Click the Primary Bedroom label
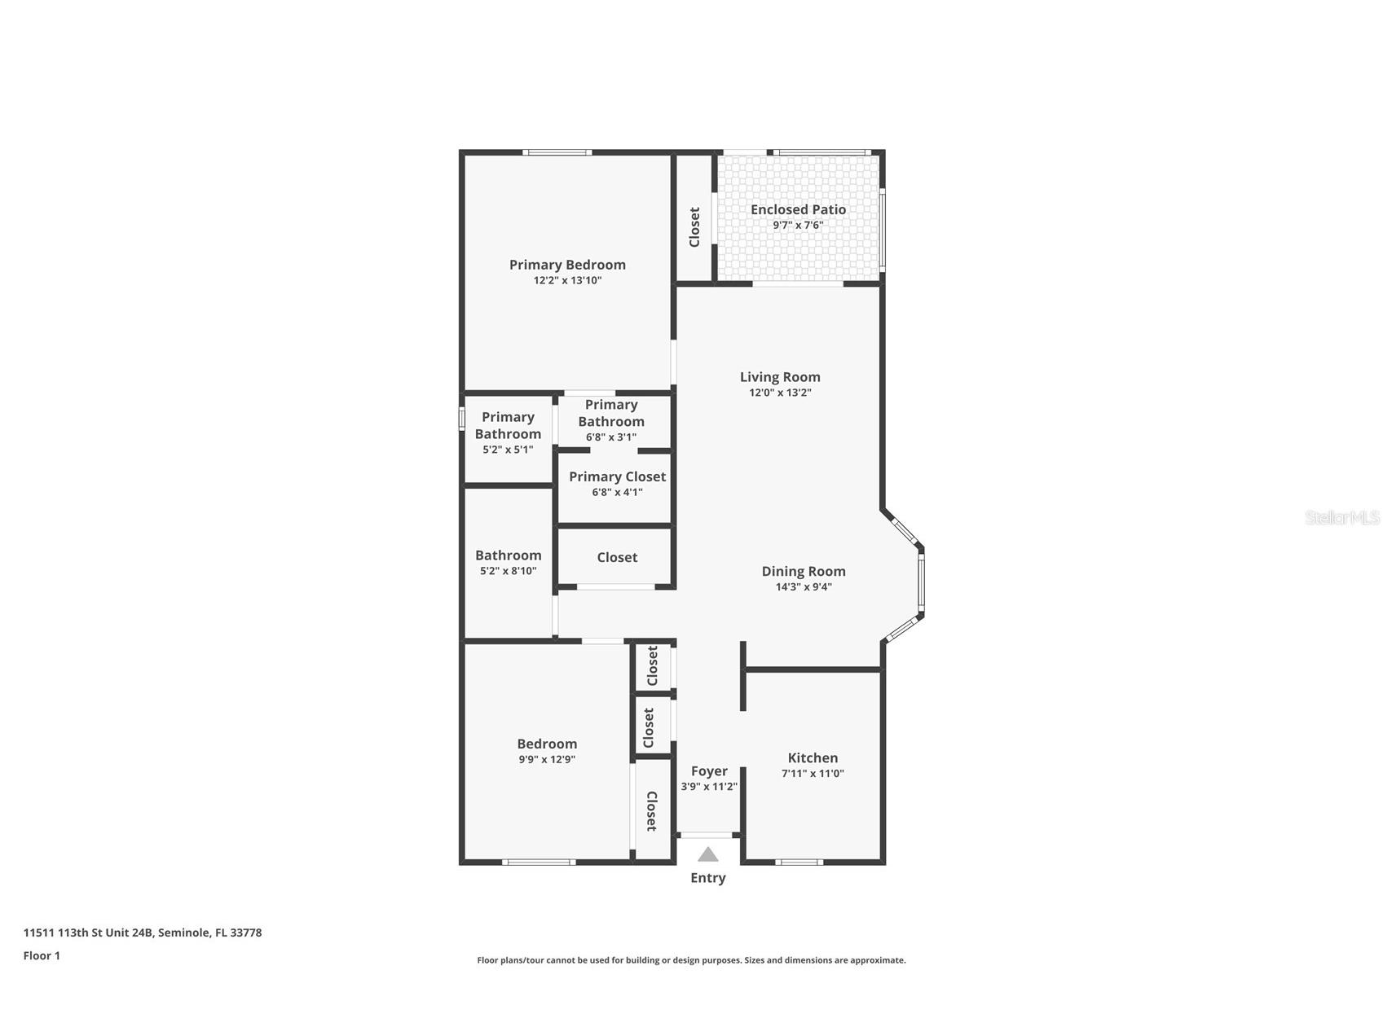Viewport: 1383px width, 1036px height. [567, 265]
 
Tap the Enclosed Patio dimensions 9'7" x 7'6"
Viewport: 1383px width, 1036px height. [798, 226]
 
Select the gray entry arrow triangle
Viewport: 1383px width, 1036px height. [707, 854]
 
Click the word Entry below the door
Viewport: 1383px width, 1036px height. [707, 878]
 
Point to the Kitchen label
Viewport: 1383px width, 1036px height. [813, 758]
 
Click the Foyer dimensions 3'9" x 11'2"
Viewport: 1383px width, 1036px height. [709, 787]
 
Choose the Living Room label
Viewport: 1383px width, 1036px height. [780, 377]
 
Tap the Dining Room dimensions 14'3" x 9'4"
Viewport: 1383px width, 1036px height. [804, 587]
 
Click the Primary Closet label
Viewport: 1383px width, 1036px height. [617, 477]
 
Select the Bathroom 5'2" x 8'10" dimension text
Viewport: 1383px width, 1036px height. [508, 572]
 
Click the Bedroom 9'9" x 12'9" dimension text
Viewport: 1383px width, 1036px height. [547, 760]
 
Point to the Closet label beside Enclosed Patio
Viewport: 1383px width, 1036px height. [694, 227]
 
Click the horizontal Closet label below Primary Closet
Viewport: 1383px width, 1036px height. [617, 558]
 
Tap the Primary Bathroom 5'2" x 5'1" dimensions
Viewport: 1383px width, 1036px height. [508, 450]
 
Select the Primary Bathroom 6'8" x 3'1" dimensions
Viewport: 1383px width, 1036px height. [610, 437]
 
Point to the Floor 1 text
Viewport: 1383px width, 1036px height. [42, 956]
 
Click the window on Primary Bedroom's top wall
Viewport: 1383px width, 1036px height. [557, 152]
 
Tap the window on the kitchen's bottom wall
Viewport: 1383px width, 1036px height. [798, 862]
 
